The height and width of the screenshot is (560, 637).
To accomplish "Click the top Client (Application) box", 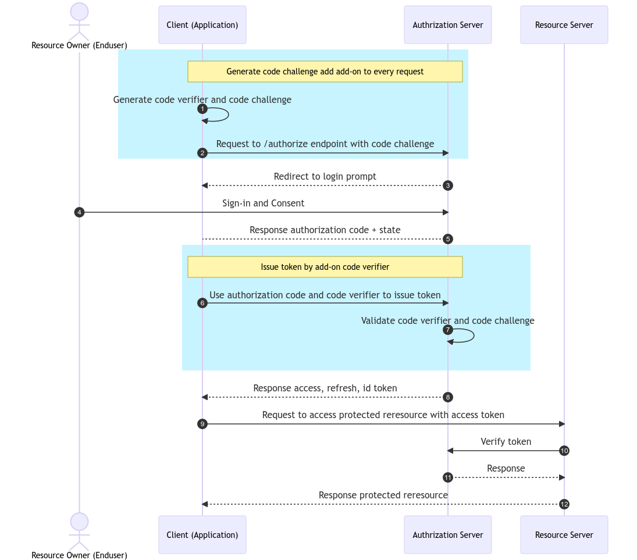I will (202, 25).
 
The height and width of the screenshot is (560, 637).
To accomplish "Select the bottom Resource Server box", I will (564, 534).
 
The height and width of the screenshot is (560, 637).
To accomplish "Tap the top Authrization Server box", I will (447, 25).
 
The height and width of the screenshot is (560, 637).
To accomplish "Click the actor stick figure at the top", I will (79, 22).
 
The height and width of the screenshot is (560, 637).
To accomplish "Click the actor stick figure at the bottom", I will (79, 532).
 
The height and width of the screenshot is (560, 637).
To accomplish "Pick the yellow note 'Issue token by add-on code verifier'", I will (325, 267).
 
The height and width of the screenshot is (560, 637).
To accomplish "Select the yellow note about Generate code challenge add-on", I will (325, 72).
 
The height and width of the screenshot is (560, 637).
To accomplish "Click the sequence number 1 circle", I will (202, 109).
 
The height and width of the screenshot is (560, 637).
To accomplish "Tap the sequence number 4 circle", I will (79, 212).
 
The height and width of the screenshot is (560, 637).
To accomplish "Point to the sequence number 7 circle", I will (447, 330).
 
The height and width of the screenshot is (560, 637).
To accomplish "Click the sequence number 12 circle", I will (564, 504).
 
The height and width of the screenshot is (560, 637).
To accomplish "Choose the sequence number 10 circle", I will (564, 451).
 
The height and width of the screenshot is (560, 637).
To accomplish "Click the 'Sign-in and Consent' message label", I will (263, 204).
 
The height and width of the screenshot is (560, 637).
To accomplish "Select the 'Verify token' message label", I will (506, 442).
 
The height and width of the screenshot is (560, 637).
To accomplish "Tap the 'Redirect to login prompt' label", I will (325, 177).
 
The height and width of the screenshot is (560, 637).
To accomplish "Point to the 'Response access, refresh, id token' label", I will (325, 388).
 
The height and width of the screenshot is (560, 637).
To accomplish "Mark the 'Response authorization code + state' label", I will (325, 230).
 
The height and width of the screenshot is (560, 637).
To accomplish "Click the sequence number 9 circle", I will (202, 424).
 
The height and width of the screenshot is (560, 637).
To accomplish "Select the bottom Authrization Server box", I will (447, 534).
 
